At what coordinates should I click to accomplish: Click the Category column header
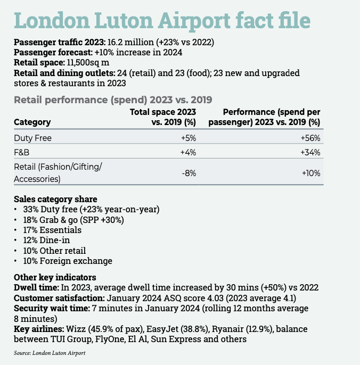pyautogui.click(x=32, y=122)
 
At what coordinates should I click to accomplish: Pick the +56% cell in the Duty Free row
pyautogui.click(x=310, y=138)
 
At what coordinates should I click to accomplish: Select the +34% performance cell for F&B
pyautogui.click(x=310, y=153)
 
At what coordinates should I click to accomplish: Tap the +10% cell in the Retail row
pyautogui.click(x=310, y=173)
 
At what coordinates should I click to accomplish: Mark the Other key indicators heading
pyautogui.click(x=55, y=277)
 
